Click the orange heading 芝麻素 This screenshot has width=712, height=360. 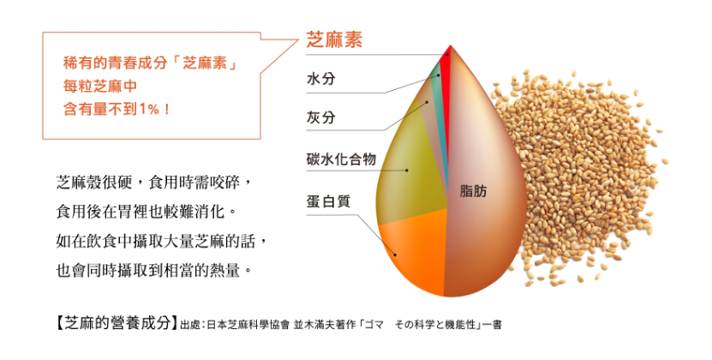[334, 40]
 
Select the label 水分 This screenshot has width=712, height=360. [321, 79]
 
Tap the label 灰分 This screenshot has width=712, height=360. [321, 117]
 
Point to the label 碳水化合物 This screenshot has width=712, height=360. [342, 159]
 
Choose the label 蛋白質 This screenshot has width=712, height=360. [328, 201]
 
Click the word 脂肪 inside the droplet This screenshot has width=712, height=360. [473, 191]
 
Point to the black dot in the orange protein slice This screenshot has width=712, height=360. [395, 255]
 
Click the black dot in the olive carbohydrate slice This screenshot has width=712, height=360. [407, 171]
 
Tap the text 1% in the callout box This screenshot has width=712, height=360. [149, 109]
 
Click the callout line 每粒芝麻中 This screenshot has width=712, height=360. [100, 87]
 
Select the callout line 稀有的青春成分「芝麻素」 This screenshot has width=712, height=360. [150, 63]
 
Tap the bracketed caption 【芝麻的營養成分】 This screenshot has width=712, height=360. [116, 323]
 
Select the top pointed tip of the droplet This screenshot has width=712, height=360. [450, 45]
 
